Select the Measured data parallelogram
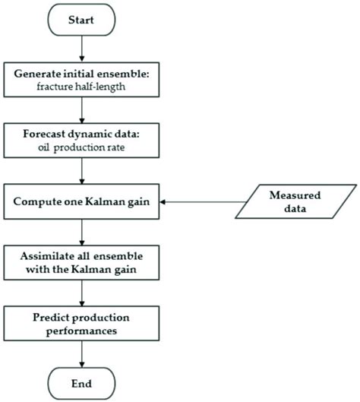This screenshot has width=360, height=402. pos(292,202)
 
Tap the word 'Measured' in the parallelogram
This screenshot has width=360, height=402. pos(292,195)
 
